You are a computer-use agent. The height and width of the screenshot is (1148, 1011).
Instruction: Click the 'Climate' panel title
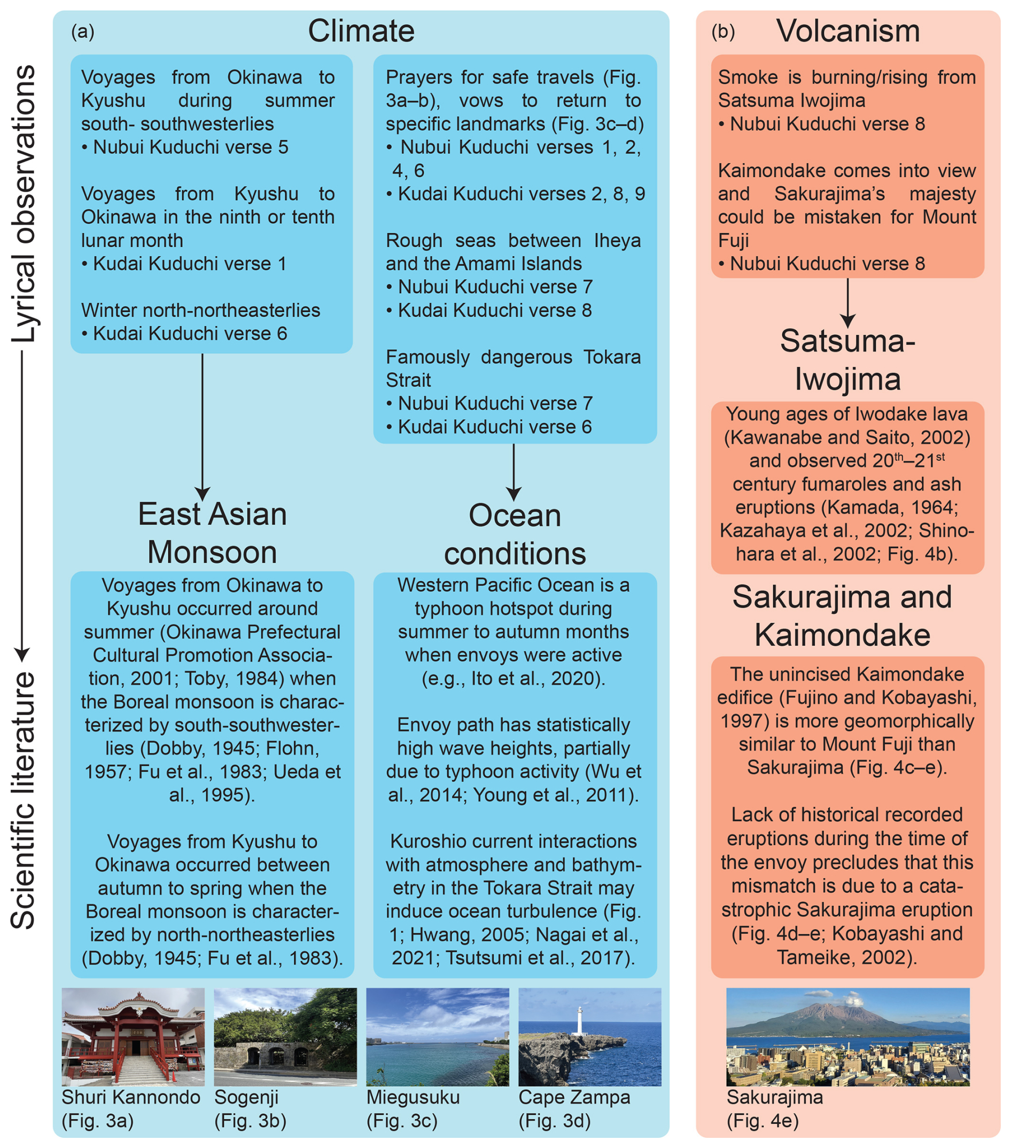(x=361, y=31)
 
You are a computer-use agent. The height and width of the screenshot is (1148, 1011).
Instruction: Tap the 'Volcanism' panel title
(x=847, y=31)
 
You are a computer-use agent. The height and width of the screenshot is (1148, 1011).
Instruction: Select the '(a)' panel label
(x=83, y=32)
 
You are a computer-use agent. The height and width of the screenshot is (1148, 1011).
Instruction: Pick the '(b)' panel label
(x=722, y=32)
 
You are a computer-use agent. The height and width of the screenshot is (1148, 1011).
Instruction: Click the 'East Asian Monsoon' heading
(x=213, y=533)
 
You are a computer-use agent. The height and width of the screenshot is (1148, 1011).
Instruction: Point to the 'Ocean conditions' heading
(x=514, y=534)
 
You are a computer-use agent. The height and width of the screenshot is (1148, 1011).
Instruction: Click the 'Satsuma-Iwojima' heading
(x=847, y=359)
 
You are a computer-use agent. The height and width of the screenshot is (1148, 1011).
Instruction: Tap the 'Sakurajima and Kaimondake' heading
(x=842, y=616)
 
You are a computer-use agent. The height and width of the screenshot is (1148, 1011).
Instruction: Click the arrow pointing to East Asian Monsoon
(x=203, y=427)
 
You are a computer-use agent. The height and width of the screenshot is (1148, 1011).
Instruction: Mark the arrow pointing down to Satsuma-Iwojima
(x=847, y=303)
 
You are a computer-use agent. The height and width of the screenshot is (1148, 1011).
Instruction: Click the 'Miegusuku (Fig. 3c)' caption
(x=413, y=1108)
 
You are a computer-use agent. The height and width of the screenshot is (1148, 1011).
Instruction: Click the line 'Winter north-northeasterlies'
(x=200, y=310)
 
